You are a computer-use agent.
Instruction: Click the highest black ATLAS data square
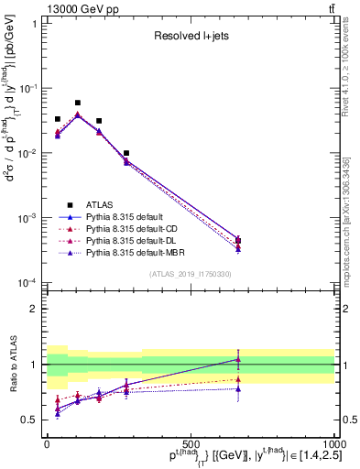pos(78,104)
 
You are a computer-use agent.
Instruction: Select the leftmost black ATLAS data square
pos(58,119)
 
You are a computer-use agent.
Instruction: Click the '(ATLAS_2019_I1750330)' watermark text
pos(191,273)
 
